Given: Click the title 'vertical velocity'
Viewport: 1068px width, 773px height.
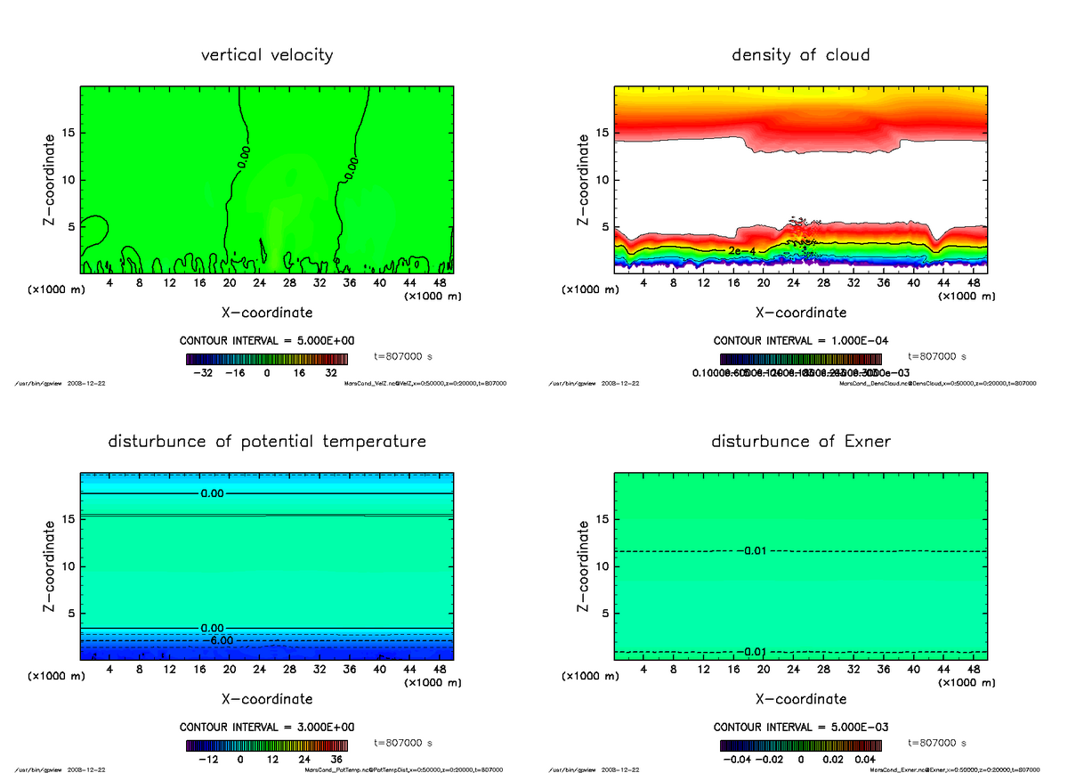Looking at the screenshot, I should click(267, 55).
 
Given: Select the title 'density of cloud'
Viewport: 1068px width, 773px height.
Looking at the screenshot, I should click(800, 55).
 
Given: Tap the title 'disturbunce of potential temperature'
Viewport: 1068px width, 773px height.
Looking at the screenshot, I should click(267, 442).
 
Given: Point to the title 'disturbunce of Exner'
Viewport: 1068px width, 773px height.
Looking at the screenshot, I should click(800, 442).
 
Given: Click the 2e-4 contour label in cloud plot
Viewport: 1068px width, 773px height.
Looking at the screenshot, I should click(741, 251).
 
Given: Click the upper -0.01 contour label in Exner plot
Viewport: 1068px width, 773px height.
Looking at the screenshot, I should click(752, 551).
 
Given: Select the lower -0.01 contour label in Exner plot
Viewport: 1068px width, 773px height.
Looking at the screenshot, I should click(752, 652).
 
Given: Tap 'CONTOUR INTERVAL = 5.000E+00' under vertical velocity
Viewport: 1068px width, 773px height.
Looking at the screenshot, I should click(267, 340).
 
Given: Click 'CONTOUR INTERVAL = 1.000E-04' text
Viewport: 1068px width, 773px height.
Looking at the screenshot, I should click(801, 340).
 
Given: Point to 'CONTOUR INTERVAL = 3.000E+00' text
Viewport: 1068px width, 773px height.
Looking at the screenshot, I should click(267, 727).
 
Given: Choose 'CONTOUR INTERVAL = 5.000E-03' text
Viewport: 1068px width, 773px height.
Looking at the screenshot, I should click(801, 727).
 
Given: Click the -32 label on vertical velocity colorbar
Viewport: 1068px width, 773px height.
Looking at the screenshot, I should click(208, 374).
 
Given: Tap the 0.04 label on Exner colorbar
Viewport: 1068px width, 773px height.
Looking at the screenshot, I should click(866, 760).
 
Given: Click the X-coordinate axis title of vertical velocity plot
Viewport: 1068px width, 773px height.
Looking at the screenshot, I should click(267, 313).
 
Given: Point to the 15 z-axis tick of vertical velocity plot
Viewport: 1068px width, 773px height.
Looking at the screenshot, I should click(68, 134).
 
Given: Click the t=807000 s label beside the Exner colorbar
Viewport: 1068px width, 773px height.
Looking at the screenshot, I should click(937, 743).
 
